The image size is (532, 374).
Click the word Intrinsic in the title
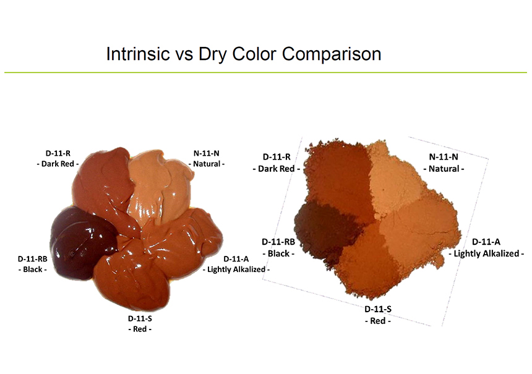pos(138,54)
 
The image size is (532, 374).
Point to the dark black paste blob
pos(82,242)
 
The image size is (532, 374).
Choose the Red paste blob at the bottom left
pos(131,278)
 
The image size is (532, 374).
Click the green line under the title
pos(265,72)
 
